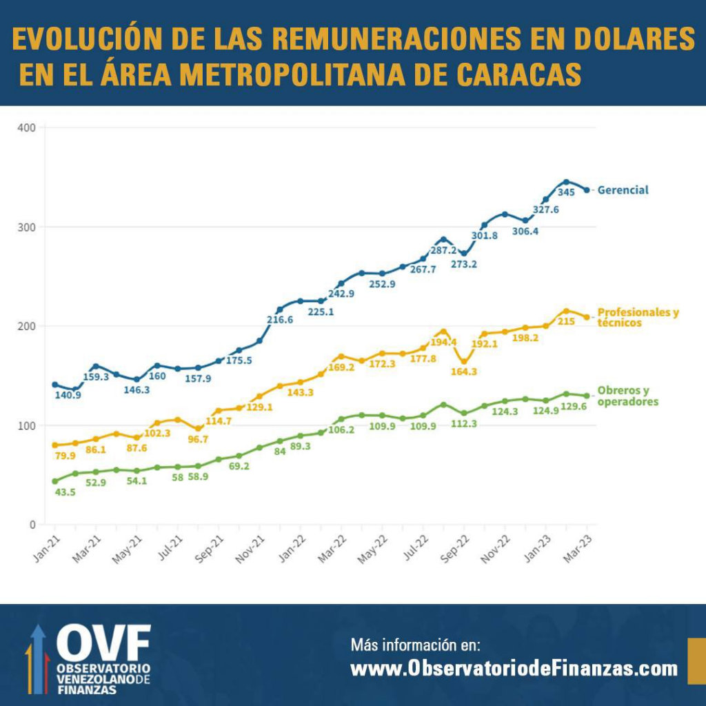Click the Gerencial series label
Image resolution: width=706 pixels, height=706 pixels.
(x=623, y=190)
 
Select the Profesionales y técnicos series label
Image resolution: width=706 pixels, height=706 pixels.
(x=636, y=317)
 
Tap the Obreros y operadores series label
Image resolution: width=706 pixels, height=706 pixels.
(x=627, y=396)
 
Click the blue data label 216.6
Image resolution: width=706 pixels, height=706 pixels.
(x=281, y=320)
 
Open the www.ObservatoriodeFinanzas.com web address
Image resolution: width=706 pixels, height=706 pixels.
(x=514, y=669)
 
